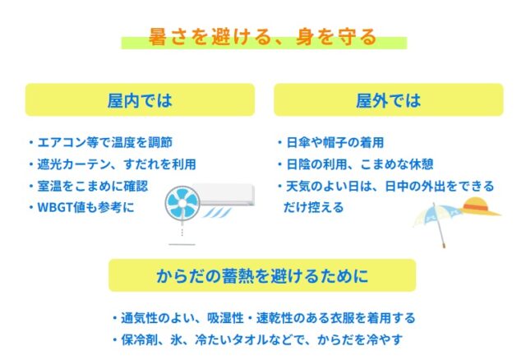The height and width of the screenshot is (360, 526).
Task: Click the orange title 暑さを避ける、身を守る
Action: point(263,36)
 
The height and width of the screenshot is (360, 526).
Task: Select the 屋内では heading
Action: point(140,100)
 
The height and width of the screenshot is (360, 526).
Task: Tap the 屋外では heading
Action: point(389,100)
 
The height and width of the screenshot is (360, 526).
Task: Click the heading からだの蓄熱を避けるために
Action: point(262,276)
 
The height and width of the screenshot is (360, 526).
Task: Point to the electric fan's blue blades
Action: point(182,203)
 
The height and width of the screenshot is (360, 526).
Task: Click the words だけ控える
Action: point(314,208)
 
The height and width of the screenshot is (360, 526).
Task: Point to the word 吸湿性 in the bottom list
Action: point(225,318)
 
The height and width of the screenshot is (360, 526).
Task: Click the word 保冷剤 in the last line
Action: point(140,340)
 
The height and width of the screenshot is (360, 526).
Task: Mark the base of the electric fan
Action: point(182,244)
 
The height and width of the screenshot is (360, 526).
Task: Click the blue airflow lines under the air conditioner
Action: point(217,212)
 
